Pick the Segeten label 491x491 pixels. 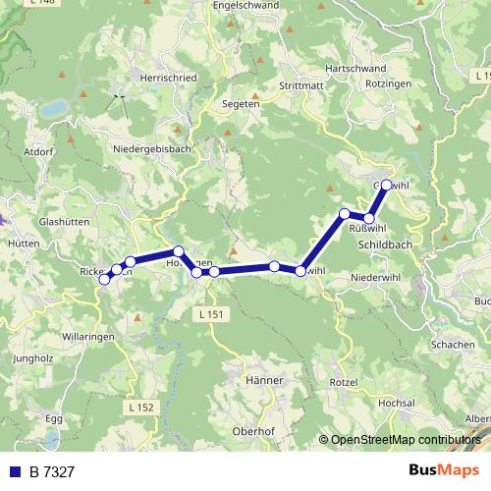[x=242, y=103]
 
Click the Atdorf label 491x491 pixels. [x=36, y=152]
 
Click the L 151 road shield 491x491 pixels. [x=209, y=314]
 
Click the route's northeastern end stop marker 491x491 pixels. [x=386, y=185]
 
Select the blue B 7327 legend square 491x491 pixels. [x=14, y=472]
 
